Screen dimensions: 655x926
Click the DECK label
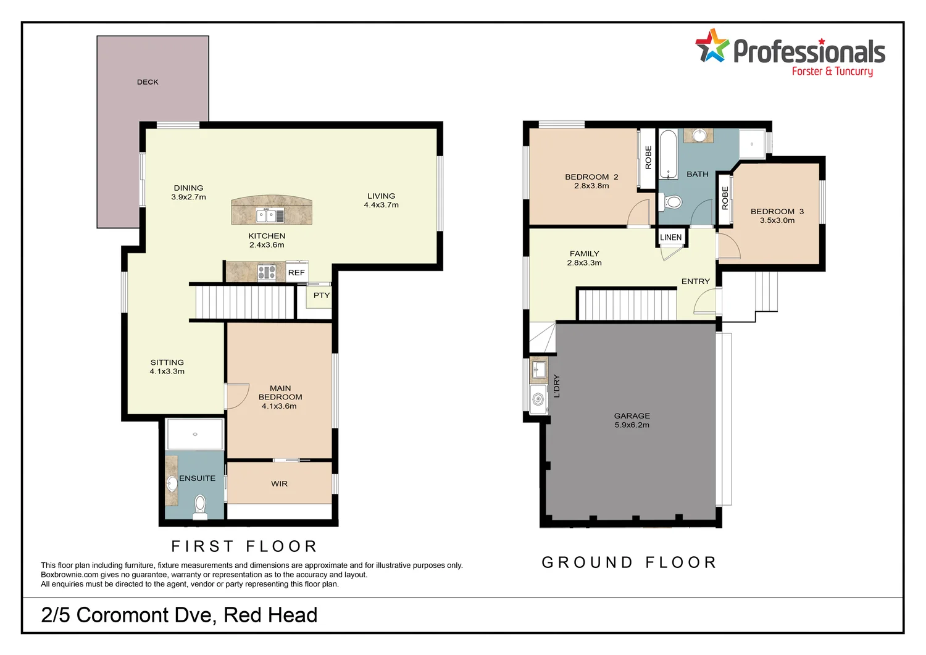148,82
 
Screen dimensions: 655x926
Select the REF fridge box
296,273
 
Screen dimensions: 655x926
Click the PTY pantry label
322,296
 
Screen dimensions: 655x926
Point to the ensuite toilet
199,504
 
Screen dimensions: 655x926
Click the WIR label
279,484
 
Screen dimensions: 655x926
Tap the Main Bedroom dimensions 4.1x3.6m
279,406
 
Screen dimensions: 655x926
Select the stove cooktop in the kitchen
266,272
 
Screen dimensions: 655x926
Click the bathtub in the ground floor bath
668,154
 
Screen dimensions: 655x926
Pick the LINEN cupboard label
670,238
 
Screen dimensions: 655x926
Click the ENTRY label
695,282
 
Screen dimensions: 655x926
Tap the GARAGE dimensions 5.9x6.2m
632,425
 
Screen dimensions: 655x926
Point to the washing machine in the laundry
539,398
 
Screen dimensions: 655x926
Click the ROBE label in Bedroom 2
648,157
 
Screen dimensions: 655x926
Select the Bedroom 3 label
777,212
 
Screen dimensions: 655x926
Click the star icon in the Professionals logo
712,46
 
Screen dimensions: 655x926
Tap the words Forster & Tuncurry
832,72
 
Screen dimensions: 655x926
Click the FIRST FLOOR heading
244,546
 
